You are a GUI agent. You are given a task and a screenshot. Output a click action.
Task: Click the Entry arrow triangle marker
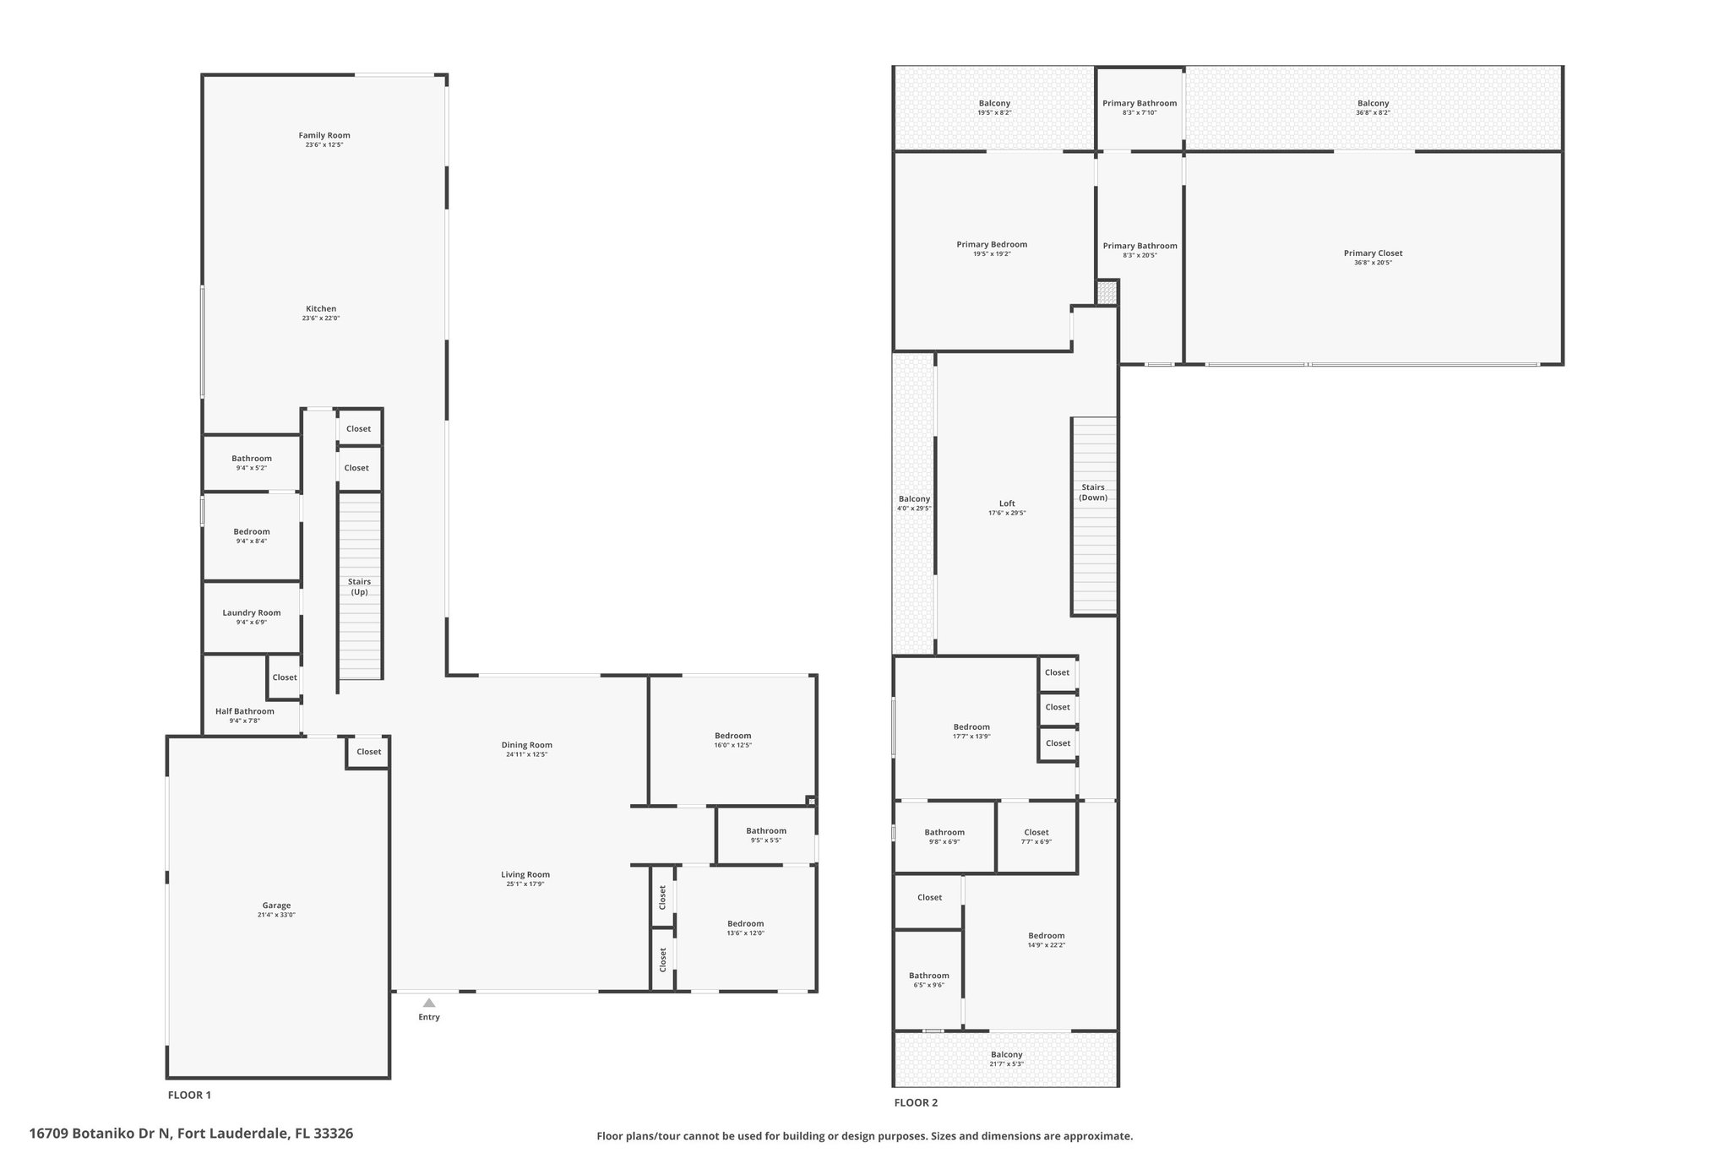pyautogui.click(x=429, y=1003)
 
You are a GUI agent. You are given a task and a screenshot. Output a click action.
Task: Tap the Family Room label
pyautogui.click(x=324, y=135)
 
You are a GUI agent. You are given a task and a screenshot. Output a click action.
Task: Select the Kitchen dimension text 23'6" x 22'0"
pyautogui.click(x=321, y=318)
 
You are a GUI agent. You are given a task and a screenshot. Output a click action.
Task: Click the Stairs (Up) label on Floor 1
pyautogui.click(x=360, y=587)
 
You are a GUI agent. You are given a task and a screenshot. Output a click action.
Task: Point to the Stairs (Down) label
pyautogui.click(x=1093, y=492)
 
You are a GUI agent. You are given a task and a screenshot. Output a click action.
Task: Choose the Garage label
pyautogui.click(x=276, y=906)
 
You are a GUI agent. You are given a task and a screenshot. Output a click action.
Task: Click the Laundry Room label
pyautogui.click(x=252, y=613)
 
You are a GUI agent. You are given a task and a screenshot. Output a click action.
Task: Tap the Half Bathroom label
pyautogui.click(x=245, y=711)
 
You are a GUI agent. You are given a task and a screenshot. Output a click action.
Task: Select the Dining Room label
pyautogui.click(x=527, y=745)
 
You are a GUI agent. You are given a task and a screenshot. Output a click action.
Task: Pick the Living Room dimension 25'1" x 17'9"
pyautogui.click(x=525, y=884)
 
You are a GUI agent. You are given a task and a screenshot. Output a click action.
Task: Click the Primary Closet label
pyautogui.click(x=1374, y=253)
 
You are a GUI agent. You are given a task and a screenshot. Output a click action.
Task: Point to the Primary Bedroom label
pyautogui.click(x=992, y=245)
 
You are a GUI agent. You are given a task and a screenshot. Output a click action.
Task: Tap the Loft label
pyautogui.click(x=1007, y=503)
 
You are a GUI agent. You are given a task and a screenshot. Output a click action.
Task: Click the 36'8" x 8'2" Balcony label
pyautogui.click(x=1374, y=103)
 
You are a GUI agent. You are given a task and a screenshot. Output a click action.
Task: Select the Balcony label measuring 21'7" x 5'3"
pyautogui.click(x=1007, y=1054)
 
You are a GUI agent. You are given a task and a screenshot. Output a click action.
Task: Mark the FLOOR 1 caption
pyautogui.click(x=189, y=1095)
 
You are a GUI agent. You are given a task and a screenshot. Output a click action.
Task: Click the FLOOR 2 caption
pyautogui.click(x=916, y=1102)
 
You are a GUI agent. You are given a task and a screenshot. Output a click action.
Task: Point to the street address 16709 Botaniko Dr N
pyautogui.click(x=101, y=1134)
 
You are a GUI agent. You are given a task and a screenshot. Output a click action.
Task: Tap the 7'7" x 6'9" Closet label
pyautogui.click(x=1036, y=832)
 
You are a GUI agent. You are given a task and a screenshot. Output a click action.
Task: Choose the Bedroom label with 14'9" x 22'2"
pyautogui.click(x=1047, y=935)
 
